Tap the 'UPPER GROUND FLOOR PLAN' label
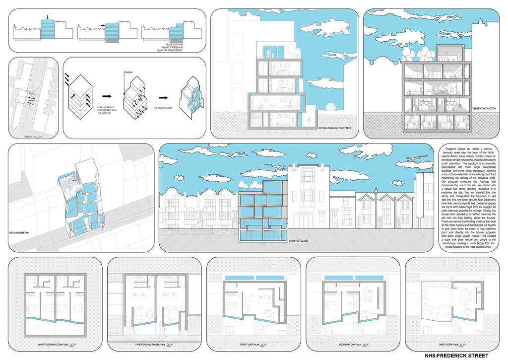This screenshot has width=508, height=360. tap(151, 344)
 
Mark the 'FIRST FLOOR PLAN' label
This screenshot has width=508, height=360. tap(251, 344)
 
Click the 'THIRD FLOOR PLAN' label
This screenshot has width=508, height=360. tap(448, 344)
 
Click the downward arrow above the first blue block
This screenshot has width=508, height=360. tap(48, 17)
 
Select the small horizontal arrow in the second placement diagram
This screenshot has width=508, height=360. tap(103, 25)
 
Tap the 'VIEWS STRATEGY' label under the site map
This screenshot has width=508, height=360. tap(33, 136)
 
